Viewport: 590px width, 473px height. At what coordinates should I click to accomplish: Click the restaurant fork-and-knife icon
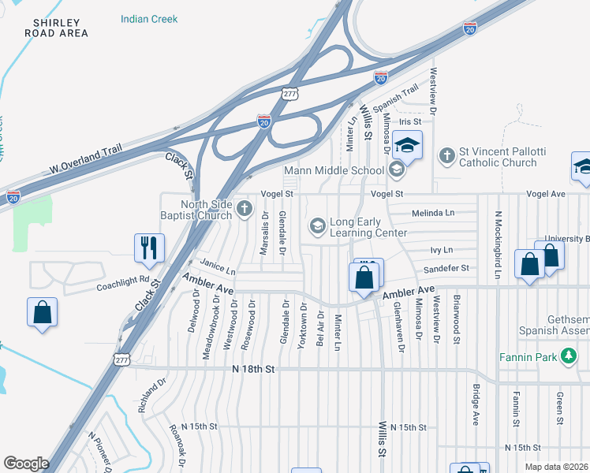[x=147, y=248]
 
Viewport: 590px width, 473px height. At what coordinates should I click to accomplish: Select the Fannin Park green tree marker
[x=567, y=357]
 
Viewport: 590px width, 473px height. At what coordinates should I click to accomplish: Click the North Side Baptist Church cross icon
[x=245, y=208]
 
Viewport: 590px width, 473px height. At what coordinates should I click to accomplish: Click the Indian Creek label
[x=149, y=19]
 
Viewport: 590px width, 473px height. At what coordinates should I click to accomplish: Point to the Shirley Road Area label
[x=50, y=28]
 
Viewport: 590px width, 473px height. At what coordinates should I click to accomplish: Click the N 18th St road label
[x=253, y=369]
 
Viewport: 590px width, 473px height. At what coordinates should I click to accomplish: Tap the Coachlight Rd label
[x=123, y=279]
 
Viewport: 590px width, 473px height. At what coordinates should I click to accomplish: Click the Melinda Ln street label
[x=433, y=213]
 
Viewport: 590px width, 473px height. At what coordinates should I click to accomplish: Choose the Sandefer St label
[x=446, y=268]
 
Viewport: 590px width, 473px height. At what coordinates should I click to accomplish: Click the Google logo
[x=26, y=464]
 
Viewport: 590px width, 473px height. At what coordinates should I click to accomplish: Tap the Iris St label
[x=410, y=122]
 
